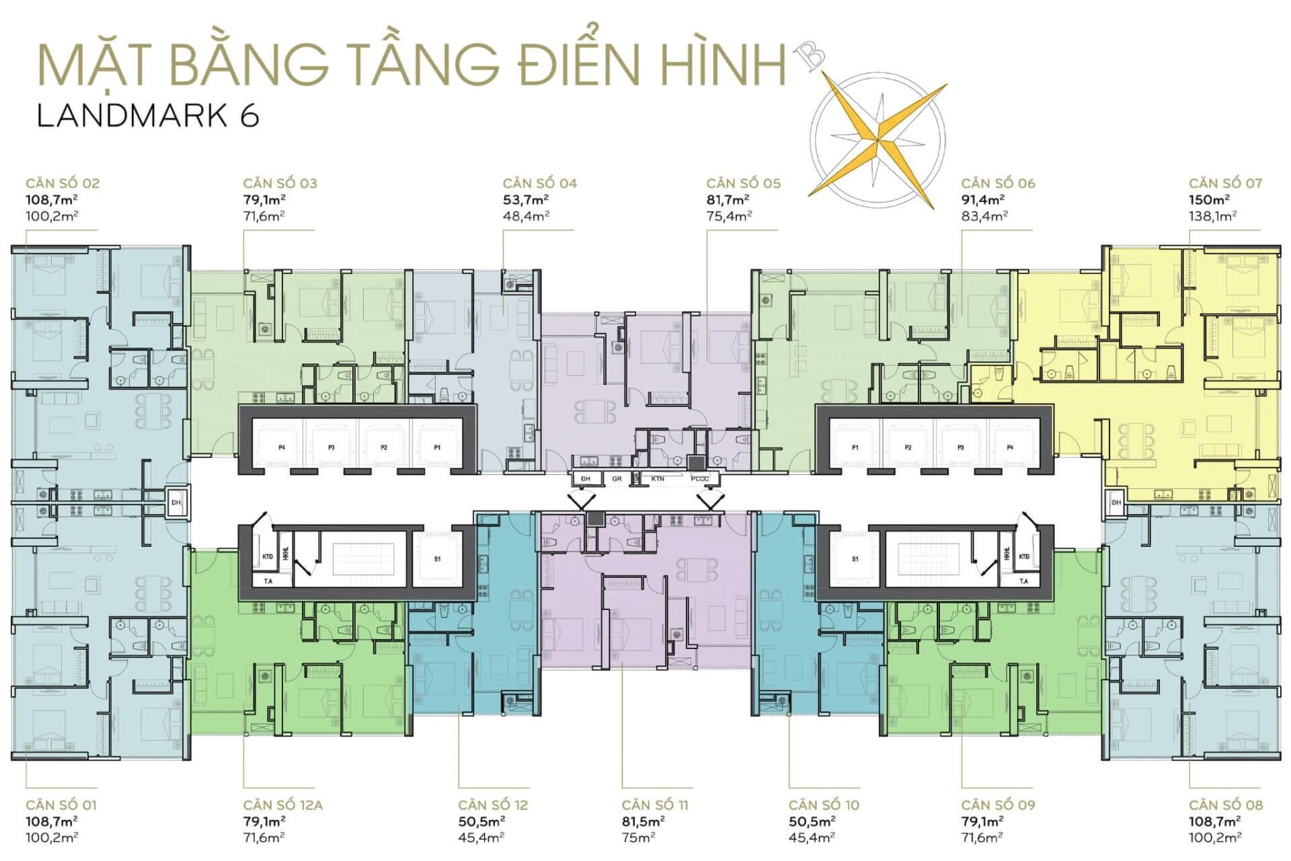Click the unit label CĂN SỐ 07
pyautogui.click(x=1225, y=183)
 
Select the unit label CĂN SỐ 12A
pyautogui.click(x=283, y=805)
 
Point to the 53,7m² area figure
pyautogui.click(x=526, y=200)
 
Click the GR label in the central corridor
pyautogui.click(x=617, y=479)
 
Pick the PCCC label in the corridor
pyautogui.click(x=699, y=479)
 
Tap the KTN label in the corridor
pyautogui.click(x=658, y=479)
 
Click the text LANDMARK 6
pyautogui.click(x=148, y=116)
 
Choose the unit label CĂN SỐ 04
pyautogui.click(x=540, y=183)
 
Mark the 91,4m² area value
pyautogui.click(x=983, y=200)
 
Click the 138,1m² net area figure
pyautogui.click(x=1213, y=216)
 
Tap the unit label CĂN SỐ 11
pyautogui.click(x=655, y=805)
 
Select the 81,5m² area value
pyautogui.click(x=643, y=821)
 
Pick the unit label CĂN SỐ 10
pyautogui.click(x=824, y=805)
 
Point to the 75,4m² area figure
pyautogui.click(x=729, y=216)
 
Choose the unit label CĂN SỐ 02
pyautogui.click(x=63, y=183)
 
